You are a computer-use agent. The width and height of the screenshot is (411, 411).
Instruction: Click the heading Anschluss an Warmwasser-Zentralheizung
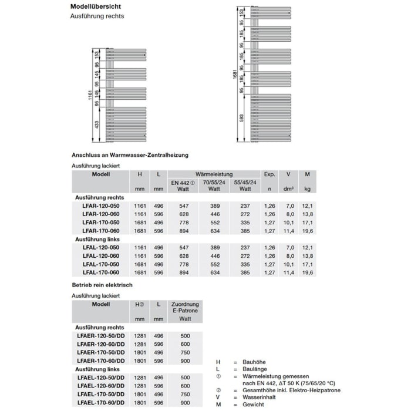130,154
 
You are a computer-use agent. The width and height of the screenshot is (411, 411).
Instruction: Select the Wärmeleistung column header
214,174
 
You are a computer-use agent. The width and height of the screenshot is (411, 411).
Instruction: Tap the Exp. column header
269,174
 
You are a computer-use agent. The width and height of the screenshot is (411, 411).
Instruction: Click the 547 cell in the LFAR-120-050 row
183,206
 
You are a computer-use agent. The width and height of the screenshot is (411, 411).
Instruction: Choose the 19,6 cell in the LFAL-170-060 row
306,272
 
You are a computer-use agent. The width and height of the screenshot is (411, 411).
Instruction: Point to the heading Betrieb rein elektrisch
102,285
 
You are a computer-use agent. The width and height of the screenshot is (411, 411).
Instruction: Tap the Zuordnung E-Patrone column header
185,308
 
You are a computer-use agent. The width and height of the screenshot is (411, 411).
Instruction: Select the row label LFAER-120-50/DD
101,335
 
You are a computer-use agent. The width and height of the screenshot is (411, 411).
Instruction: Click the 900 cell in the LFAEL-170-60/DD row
185,402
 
